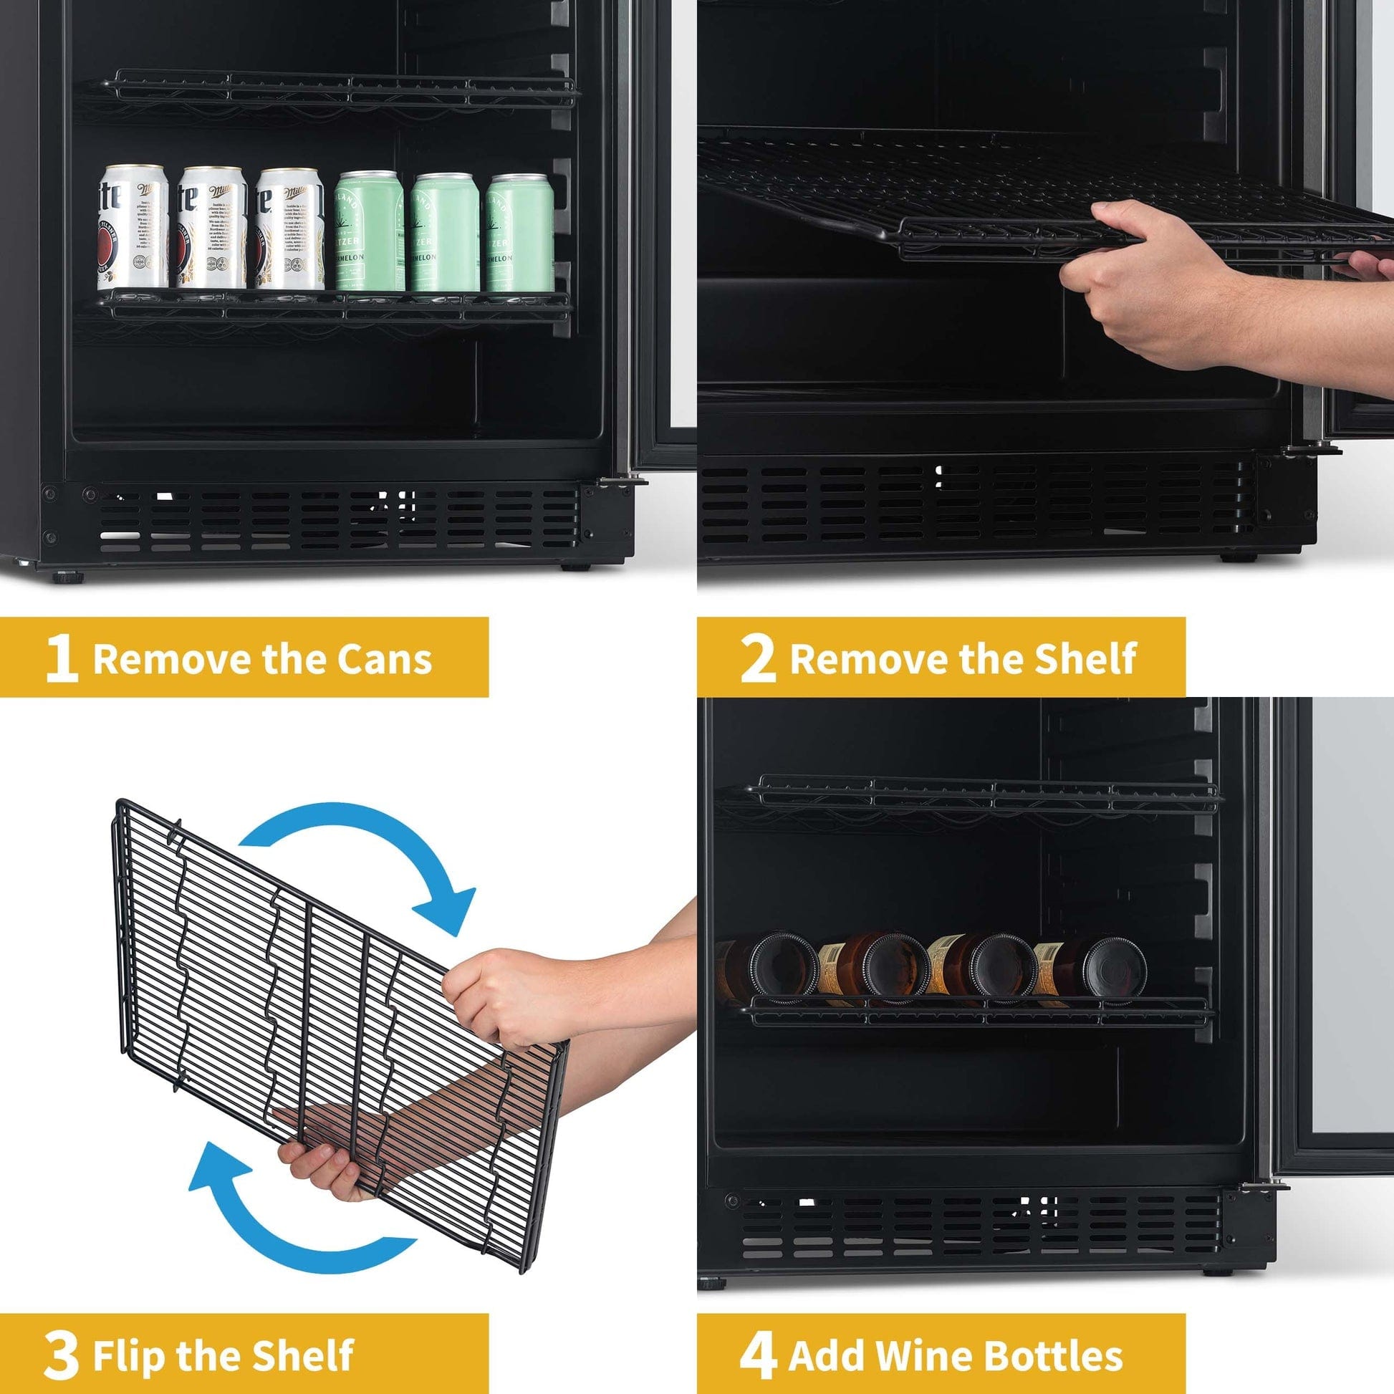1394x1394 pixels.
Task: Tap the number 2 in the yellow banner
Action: click(x=758, y=659)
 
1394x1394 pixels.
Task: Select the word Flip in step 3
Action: click(x=130, y=1335)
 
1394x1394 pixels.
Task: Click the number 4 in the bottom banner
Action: click(x=758, y=1335)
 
